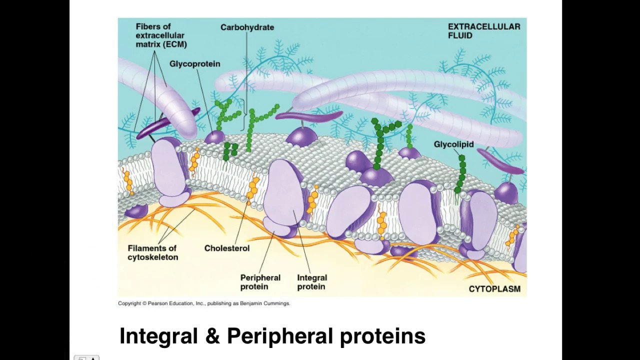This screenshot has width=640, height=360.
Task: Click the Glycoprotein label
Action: [x=194, y=64]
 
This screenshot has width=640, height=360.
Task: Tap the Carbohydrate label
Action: [x=247, y=27]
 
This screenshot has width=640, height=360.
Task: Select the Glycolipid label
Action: [x=453, y=144]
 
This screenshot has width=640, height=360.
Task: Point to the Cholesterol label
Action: [x=226, y=248]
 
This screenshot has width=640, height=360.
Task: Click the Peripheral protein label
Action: [x=260, y=282]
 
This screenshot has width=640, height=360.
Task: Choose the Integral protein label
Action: [x=311, y=282]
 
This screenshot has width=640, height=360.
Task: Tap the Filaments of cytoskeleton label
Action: [x=152, y=252]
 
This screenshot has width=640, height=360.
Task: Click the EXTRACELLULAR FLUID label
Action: [x=483, y=31]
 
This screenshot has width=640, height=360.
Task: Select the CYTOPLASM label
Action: [x=494, y=289]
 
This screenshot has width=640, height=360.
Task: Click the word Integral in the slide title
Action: [x=158, y=336]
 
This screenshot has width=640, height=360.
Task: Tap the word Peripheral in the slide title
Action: [x=279, y=336]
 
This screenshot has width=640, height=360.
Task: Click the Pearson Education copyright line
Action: [x=203, y=303]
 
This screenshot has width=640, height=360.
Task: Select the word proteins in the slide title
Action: [x=382, y=336]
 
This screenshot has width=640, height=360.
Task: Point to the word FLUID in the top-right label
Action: [x=460, y=35]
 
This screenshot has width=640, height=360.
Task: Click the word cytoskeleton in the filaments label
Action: [x=152, y=257]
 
